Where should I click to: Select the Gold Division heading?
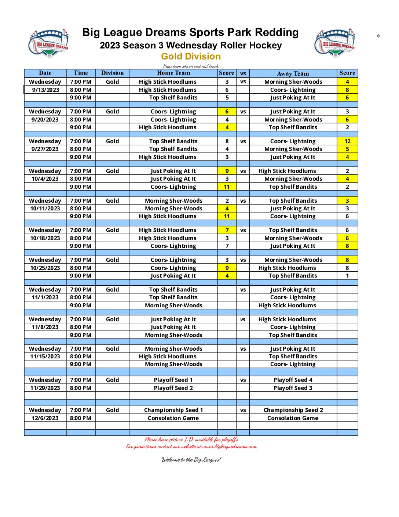pyautogui.click(x=191, y=56)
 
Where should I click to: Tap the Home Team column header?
pyautogui.click(x=173, y=73)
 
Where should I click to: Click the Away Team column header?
pyautogui.click(x=293, y=73)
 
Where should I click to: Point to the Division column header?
pyautogui.click(x=113, y=73)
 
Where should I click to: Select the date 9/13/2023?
pyautogui.click(x=45, y=90)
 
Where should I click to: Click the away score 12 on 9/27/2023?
pyautogui.click(x=347, y=141)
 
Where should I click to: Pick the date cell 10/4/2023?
pyautogui.click(x=45, y=179)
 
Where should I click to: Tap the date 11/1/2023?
pyautogui.click(x=45, y=297)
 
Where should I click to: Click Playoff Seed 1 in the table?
pyautogui.click(x=173, y=380)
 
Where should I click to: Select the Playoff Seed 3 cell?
pyautogui.click(x=293, y=388)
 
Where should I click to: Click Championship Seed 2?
pyautogui.click(x=293, y=410)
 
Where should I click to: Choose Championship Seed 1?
pyautogui.click(x=173, y=410)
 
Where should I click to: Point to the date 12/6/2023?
pyautogui.click(x=45, y=418)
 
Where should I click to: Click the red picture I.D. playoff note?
pyautogui.click(x=191, y=440)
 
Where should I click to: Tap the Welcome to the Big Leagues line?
pyautogui.click(x=191, y=460)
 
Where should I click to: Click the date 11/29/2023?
pyautogui.click(x=45, y=388)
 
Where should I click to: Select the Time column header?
pyautogui.click(x=81, y=73)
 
